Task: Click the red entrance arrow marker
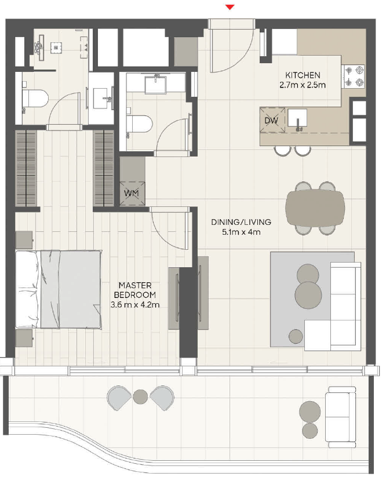click(230, 7)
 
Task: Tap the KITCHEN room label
click(303, 75)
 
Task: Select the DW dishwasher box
click(272, 120)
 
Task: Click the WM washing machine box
click(132, 194)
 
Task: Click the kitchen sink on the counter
click(297, 118)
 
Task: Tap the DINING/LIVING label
click(241, 222)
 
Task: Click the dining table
click(315, 208)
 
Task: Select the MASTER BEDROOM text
click(135, 290)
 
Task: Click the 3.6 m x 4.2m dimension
click(135, 305)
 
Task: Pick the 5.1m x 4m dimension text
click(241, 232)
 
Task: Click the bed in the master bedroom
click(59, 289)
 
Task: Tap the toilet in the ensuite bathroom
click(35, 99)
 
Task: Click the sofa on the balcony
click(342, 417)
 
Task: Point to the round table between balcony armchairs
click(140, 396)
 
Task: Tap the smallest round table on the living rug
click(296, 336)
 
